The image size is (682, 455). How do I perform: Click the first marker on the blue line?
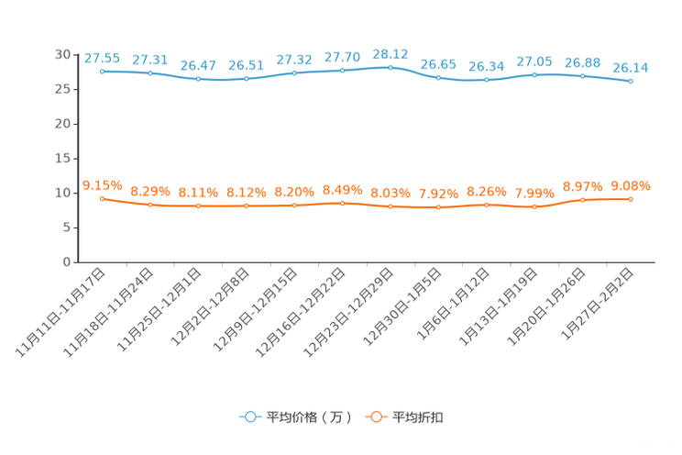tap(102, 71)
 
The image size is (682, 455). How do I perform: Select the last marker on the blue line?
tap(631, 82)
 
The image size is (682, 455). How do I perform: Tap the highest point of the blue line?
tap(390, 67)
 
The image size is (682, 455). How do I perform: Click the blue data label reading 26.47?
tap(198, 65)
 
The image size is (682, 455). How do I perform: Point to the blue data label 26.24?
tap(486, 66)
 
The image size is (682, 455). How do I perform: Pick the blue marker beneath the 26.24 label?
tap(486, 81)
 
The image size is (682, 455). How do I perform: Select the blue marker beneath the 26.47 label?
tap(198, 80)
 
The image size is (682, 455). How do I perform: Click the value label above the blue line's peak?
tap(390, 53)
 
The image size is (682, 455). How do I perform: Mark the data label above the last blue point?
tap(631, 67)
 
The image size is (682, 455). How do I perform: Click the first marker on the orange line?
tap(102, 198)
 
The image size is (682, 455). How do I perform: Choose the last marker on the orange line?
tap(631, 199)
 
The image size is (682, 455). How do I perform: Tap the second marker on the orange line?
tap(150, 205)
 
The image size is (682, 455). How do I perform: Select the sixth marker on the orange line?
tap(342, 203)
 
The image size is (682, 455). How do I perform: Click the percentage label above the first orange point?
tap(102, 184)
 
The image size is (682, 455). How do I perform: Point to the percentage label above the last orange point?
tap(631, 185)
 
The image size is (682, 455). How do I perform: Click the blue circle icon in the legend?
tap(248, 416)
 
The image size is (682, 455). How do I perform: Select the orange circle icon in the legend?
tap(375, 416)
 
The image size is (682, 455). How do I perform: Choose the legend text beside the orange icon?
tap(417, 417)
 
